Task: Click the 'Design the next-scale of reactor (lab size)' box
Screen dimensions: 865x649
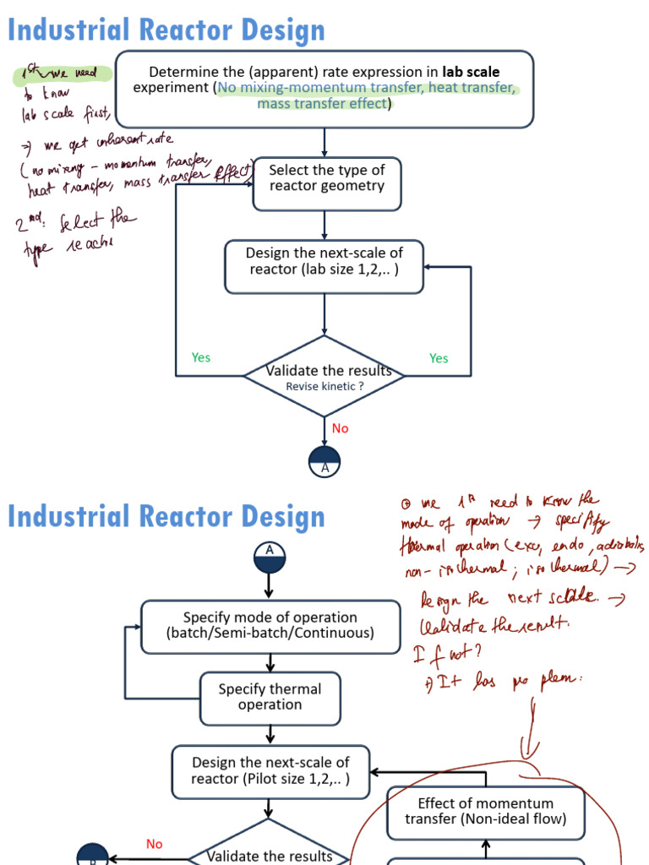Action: (324, 266)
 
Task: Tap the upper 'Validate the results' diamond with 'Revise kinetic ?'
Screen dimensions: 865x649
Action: (324, 377)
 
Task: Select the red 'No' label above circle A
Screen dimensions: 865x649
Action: (340, 428)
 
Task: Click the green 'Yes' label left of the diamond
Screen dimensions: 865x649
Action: (201, 357)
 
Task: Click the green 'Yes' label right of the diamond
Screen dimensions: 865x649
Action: (439, 358)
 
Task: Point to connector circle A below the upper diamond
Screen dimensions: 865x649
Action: (324, 460)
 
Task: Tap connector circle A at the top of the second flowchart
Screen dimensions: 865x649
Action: (270, 557)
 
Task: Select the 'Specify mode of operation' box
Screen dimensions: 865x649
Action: (270, 626)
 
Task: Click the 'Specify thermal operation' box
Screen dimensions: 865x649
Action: (270, 698)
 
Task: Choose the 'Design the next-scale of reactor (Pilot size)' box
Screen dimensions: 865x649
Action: (270, 771)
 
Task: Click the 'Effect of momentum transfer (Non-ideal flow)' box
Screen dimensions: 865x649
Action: (486, 812)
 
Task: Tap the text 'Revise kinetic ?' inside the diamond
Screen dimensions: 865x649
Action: (324, 386)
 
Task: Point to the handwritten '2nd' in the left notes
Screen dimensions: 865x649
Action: (31, 225)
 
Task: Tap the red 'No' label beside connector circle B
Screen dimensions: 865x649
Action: (154, 844)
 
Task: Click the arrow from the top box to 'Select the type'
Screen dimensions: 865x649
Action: (324, 142)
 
